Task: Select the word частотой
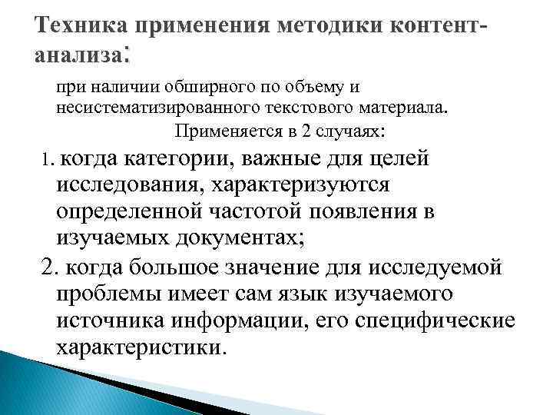pos(252,210)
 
